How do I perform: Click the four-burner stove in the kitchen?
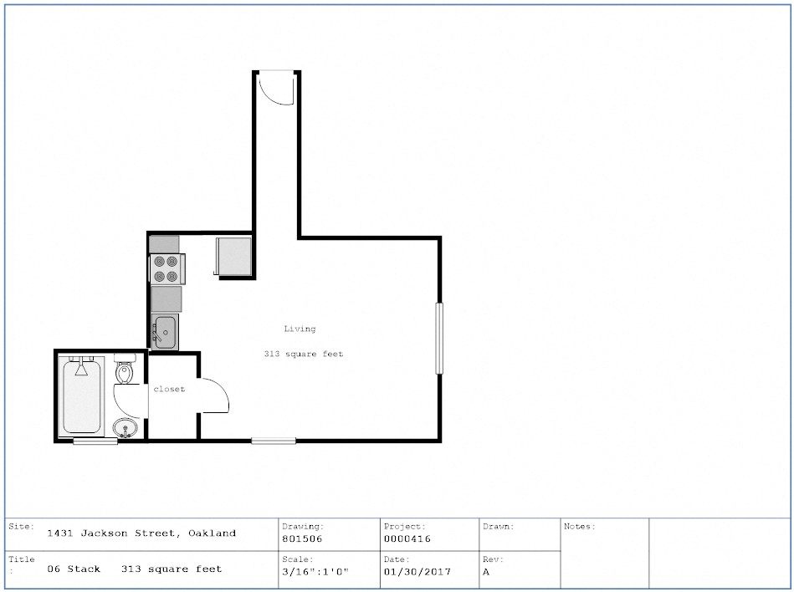[x=167, y=268]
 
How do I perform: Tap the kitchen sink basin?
[x=165, y=332]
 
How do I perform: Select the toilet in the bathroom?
[x=124, y=369]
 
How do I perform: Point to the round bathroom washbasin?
[x=125, y=428]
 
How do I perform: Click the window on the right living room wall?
[x=439, y=338]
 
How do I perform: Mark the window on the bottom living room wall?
[x=274, y=441]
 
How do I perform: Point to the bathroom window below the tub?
[x=95, y=441]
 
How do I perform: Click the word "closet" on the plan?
[x=169, y=389]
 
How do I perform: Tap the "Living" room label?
[x=300, y=329]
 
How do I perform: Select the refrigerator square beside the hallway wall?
[x=234, y=257]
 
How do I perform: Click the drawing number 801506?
[x=302, y=538]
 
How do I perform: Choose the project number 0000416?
[x=407, y=538]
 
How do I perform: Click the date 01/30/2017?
[x=417, y=572]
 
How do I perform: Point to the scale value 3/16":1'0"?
[x=315, y=572]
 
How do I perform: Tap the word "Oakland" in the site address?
[x=213, y=533]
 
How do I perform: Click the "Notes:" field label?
[x=579, y=526]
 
